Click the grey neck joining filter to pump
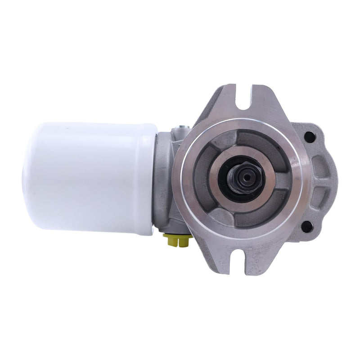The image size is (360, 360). click(165, 175)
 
